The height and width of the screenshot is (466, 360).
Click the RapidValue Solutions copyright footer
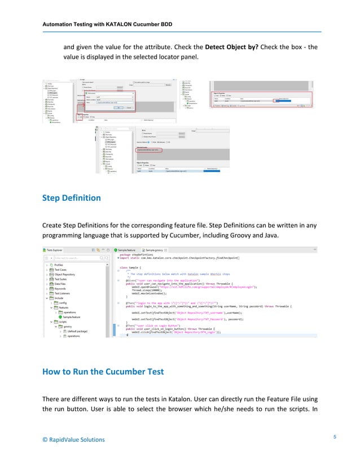[73, 439]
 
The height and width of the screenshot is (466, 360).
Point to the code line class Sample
[131, 266]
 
